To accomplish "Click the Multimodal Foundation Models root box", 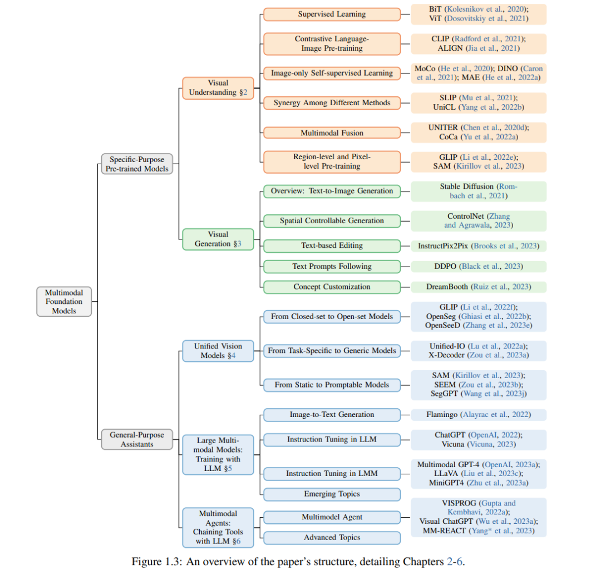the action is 64,301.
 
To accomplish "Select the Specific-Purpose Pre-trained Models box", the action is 137,164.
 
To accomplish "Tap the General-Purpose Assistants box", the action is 137,439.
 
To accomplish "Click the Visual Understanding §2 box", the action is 218,88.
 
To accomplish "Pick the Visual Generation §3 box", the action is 218,239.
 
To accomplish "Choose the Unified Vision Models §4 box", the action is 218,351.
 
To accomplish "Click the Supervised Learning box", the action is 332,14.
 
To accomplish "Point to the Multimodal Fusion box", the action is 332,133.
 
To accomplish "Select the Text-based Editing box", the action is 332,246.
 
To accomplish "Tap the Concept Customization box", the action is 332,287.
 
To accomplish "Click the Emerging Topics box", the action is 332,494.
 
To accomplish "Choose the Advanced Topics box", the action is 332,538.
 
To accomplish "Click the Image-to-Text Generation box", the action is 332,414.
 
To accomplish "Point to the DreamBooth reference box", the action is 479,287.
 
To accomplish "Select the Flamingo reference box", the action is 479,414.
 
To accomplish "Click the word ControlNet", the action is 466,216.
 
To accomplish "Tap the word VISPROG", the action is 459,503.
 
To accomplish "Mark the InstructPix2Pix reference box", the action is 479,246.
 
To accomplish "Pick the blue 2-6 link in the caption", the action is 455,562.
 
